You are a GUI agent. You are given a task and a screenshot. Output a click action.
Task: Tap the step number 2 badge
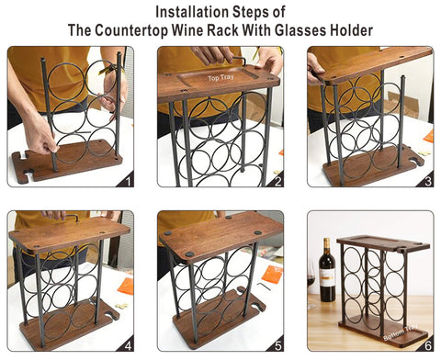[x=277, y=180]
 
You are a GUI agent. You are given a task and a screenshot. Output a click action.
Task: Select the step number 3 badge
[x=426, y=180]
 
